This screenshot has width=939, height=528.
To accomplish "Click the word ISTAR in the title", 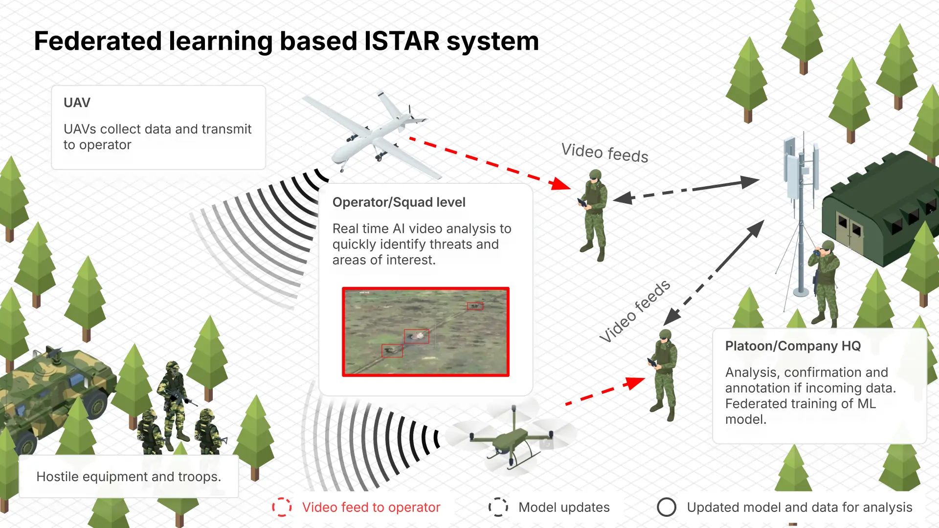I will [x=402, y=41].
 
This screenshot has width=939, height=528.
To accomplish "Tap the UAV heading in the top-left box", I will [x=77, y=103].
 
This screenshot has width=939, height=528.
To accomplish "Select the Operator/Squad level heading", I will [x=399, y=202].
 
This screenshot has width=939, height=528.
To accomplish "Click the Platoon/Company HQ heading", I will [x=793, y=346].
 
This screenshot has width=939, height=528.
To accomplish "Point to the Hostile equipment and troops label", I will [x=129, y=477].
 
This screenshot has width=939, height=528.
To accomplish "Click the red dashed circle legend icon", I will [x=282, y=507].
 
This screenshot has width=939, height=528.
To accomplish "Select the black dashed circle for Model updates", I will [x=498, y=507].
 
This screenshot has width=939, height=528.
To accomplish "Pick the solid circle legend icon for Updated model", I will [x=666, y=507].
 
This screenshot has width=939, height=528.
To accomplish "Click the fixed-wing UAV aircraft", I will [x=372, y=132].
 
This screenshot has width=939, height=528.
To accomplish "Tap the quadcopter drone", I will [x=511, y=438].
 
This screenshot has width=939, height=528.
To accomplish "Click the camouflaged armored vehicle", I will [x=54, y=391].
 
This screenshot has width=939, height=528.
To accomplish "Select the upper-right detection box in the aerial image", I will [x=474, y=306].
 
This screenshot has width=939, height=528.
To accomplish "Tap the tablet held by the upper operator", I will [x=582, y=202].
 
